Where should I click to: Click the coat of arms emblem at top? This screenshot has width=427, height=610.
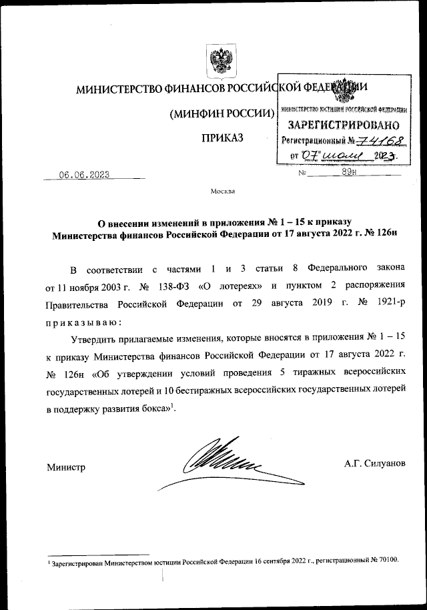pos(218,62)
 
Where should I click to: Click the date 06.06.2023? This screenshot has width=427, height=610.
pos(84,175)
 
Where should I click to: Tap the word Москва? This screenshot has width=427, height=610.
pos(222,192)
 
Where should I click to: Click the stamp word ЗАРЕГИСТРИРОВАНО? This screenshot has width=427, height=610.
pos(344,125)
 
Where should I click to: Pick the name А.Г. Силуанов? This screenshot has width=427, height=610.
pos(375,463)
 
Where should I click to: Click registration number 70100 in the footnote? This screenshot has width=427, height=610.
pos(386,560)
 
